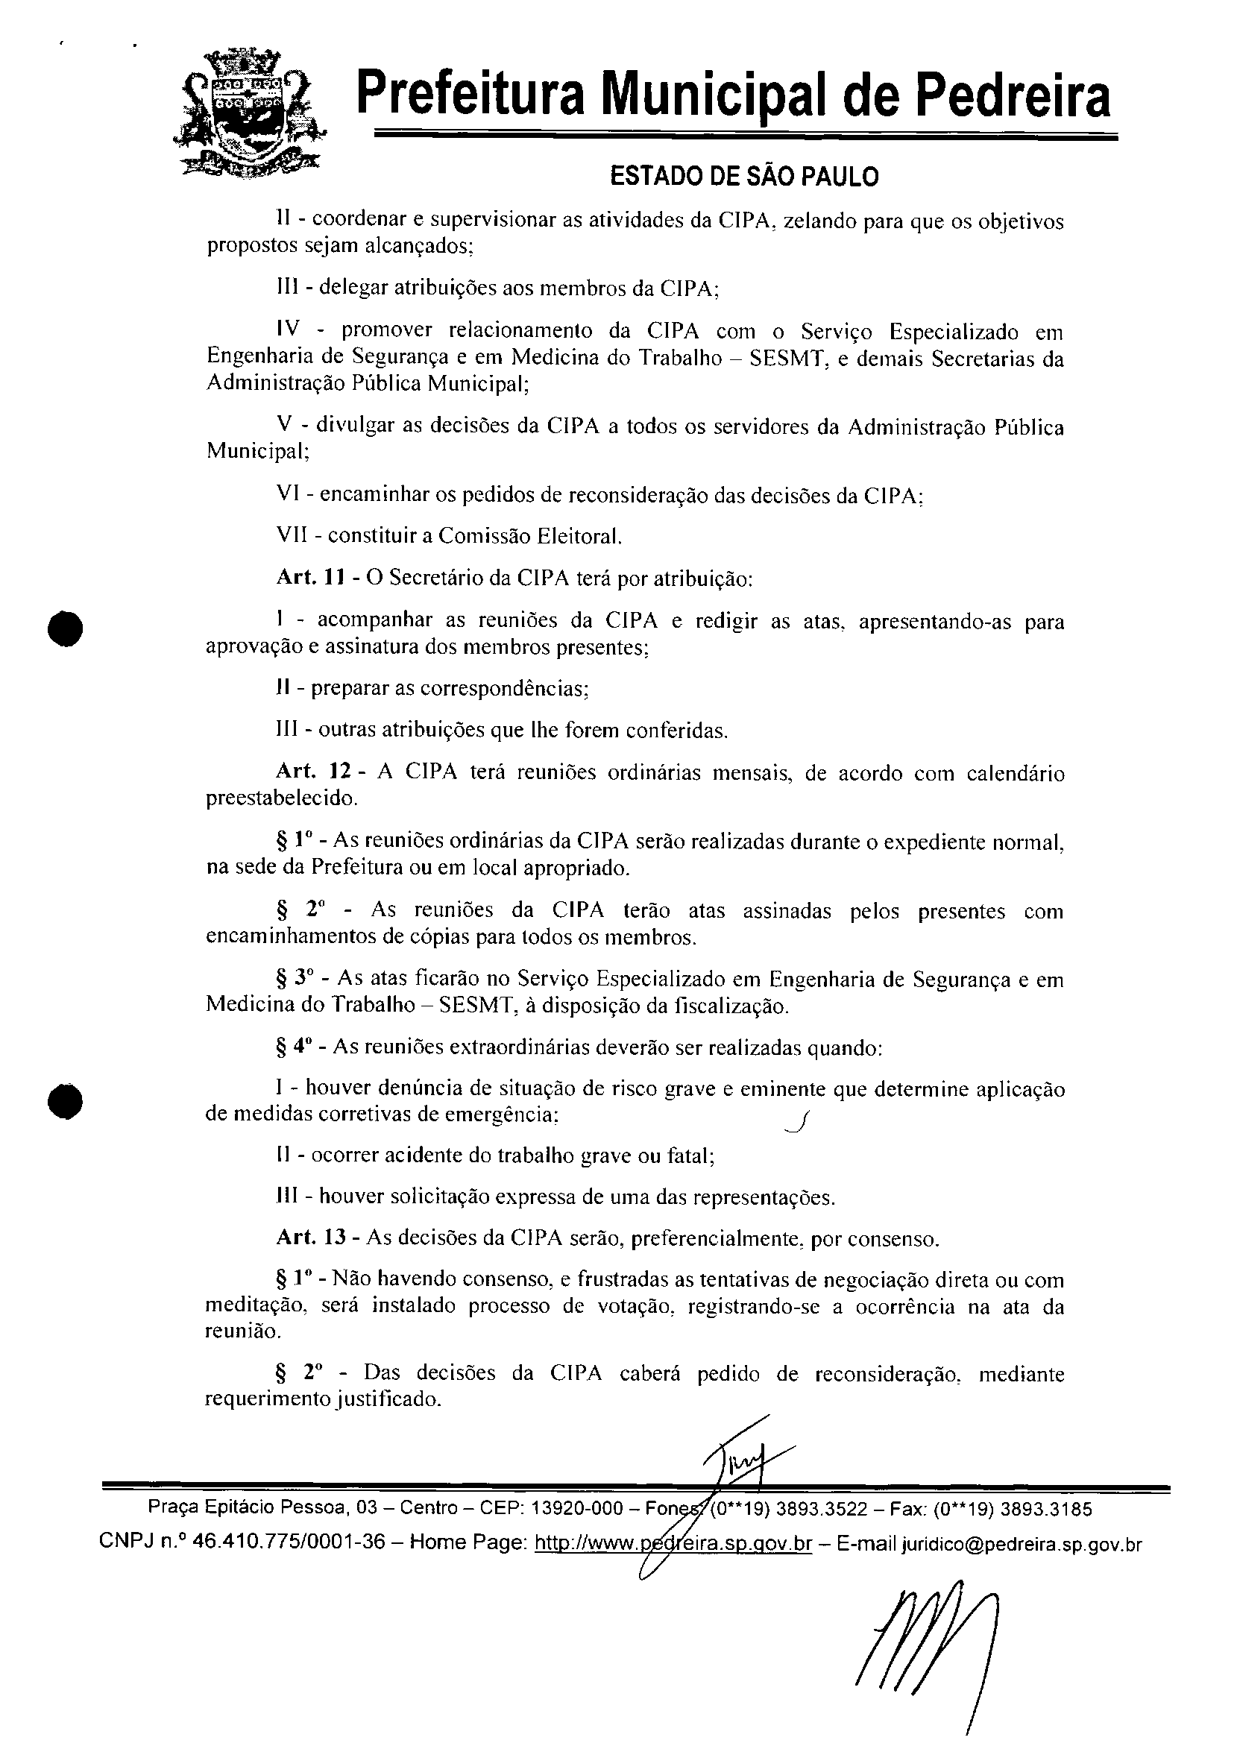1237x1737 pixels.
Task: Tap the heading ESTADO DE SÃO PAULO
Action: pos(744,177)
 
